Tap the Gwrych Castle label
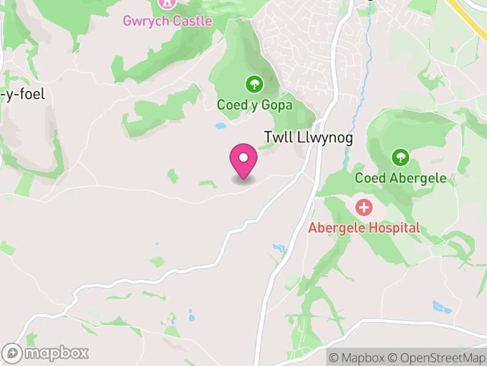167,21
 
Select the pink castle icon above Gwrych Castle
166,3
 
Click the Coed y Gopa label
254,105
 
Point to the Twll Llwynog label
308,138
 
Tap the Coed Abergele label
401,178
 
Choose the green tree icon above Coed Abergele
400,157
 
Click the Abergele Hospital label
364,228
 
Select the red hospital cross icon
364,207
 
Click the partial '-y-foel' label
23,95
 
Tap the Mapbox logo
46,353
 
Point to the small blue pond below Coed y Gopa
220,126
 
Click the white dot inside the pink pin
243,157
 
